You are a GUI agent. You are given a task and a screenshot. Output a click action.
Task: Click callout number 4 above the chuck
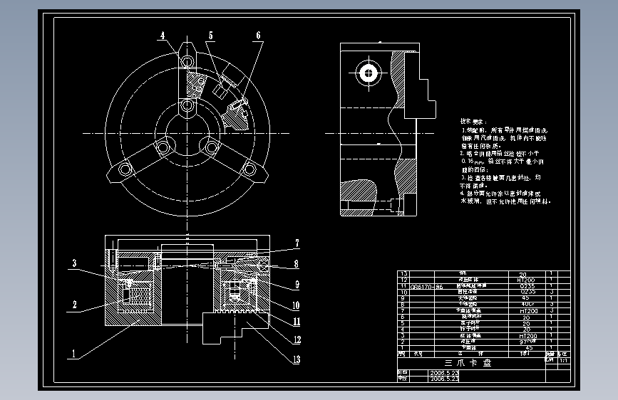(163, 35)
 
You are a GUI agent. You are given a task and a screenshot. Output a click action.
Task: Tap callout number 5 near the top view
(211, 35)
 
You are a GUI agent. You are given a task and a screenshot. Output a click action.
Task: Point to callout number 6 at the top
(258, 35)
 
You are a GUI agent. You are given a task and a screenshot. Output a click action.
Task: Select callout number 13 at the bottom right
(296, 359)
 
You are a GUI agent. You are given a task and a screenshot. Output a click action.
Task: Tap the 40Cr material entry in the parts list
(528, 305)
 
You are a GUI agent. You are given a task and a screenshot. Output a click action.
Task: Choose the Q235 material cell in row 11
(528, 286)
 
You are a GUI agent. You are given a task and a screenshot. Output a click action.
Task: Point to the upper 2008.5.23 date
(441, 372)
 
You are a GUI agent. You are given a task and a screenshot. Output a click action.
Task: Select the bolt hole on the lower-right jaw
(249, 169)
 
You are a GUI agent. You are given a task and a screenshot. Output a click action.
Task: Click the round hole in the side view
(369, 72)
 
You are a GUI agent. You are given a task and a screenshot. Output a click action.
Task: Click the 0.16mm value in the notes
(473, 162)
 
